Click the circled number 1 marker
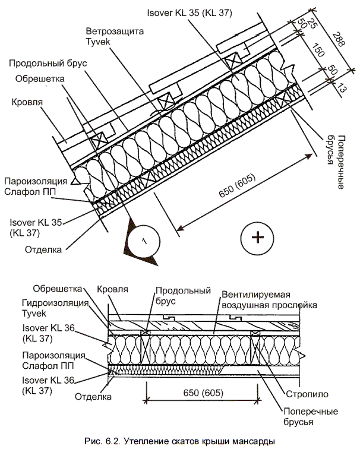click(141, 241)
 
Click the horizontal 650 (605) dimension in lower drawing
click(200, 393)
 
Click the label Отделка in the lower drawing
click(94, 394)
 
